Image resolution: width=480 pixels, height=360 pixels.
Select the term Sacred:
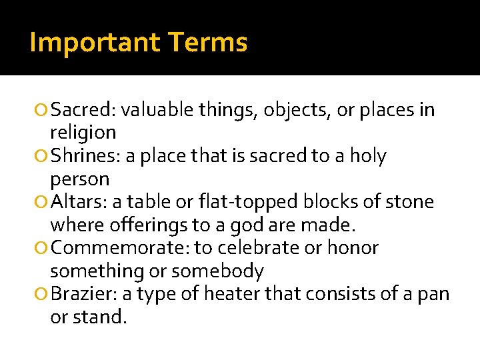click(84, 109)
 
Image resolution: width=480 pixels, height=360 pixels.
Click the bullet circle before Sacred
click(43, 110)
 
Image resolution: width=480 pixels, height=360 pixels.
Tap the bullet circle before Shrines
click(43, 157)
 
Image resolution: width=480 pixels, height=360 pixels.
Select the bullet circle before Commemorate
click(43, 249)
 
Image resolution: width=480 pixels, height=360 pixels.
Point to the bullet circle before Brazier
click(43, 295)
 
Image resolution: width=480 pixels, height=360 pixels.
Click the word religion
click(83, 133)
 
